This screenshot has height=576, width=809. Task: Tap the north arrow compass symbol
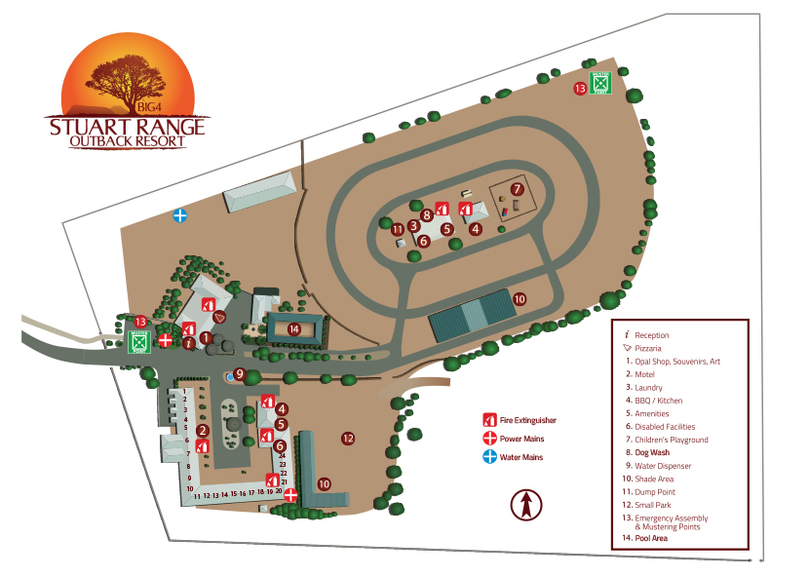point(525,505)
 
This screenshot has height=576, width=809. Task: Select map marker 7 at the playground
point(518,189)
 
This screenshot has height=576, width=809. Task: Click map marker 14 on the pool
point(293,328)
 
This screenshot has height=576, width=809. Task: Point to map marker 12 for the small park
point(348,439)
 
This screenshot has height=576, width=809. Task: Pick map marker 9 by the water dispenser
point(239,372)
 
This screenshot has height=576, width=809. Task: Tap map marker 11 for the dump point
point(398,230)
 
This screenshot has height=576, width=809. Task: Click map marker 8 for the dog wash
point(427,214)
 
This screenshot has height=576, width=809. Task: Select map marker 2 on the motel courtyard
point(203,430)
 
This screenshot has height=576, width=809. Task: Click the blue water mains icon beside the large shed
point(180,215)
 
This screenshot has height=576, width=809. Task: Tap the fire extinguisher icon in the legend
point(489,420)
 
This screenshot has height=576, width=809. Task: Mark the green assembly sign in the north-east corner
point(600,85)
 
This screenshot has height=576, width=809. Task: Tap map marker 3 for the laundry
point(414,226)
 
